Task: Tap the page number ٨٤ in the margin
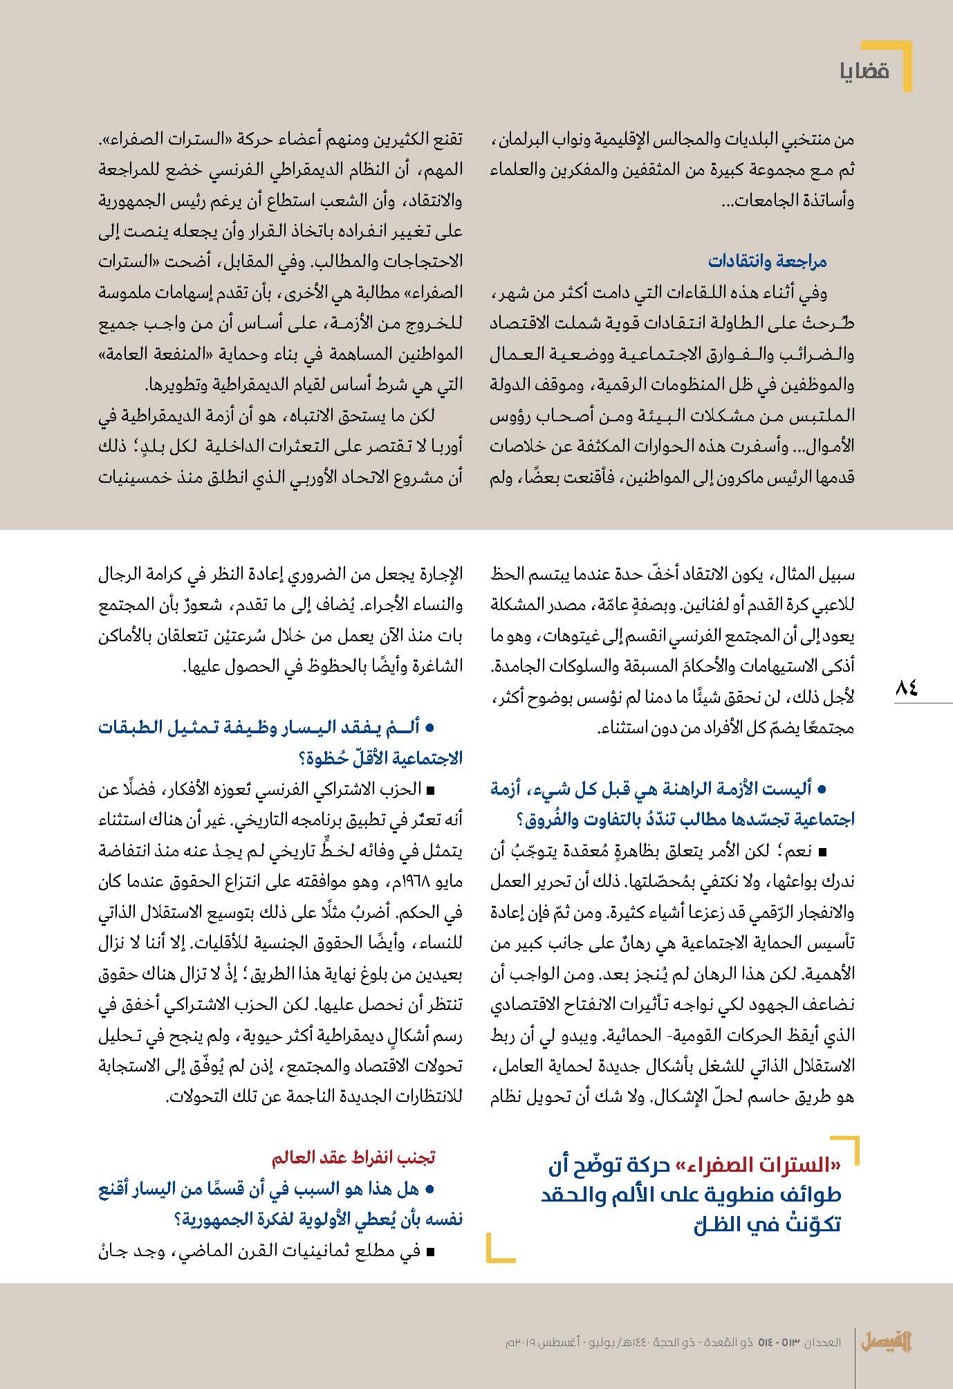(x=907, y=688)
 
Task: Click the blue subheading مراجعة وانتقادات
(x=767, y=261)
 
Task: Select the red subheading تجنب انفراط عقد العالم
(x=353, y=1157)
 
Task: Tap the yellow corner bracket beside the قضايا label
(x=902, y=66)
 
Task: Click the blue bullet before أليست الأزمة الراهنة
(x=823, y=789)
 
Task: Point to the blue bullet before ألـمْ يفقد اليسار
(x=430, y=728)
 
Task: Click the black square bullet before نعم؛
(x=822, y=851)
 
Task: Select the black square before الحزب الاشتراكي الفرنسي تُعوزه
(x=431, y=789)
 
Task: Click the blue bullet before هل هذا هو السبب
(x=430, y=1190)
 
